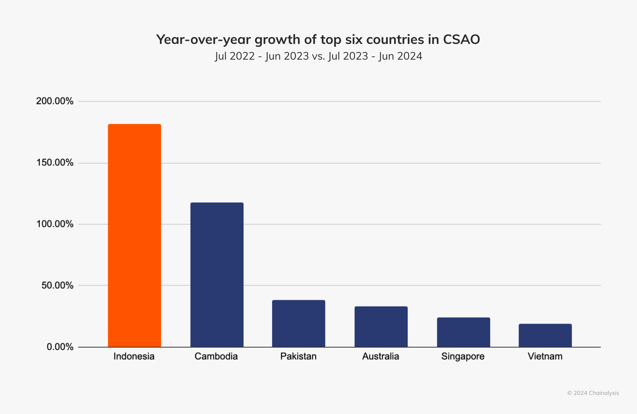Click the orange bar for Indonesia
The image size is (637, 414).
pyautogui.click(x=134, y=236)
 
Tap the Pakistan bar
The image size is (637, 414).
pyautogui.click(x=299, y=323)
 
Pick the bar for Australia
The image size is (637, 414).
pyautogui.click(x=381, y=327)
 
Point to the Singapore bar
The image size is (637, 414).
pyautogui.click(x=463, y=332)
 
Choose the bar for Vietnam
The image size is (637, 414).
pyautogui.click(x=545, y=335)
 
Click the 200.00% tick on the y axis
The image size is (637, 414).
pyautogui.click(x=55, y=101)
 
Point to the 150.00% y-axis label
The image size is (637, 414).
pyautogui.click(x=55, y=163)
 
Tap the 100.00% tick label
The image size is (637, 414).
pyautogui.click(x=55, y=224)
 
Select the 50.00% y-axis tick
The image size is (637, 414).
pyautogui.click(x=57, y=285)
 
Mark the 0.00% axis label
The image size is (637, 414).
pyautogui.click(x=60, y=347)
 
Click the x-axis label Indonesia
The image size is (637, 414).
pyautogui.click(x=134, y=356)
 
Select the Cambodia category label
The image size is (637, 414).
pyautogui.click(x=216, y=356)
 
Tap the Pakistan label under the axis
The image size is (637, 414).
pyautogui.click(x=298, y=356)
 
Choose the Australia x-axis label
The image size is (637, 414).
pyautogui.click(x=381, y=356)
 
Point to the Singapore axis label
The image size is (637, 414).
pyautogui.click(x=463, y=357)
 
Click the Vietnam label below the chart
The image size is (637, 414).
pyautogui.click(x=545, y=356)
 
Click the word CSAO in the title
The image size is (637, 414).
pyautogui.click(x=461, y=39)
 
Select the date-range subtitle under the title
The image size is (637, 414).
pyautogui.click(x=318, y=56)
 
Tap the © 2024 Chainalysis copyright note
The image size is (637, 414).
pyautogui.click(x=593, y=393)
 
